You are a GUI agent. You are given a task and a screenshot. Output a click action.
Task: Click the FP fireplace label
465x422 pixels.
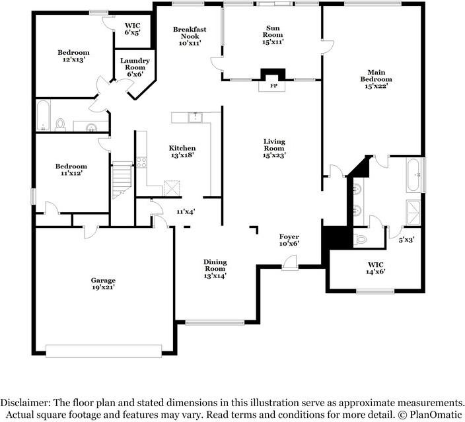273,86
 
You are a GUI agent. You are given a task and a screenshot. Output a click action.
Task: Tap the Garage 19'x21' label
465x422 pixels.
103,283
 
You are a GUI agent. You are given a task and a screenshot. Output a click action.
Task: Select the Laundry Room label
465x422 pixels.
135,67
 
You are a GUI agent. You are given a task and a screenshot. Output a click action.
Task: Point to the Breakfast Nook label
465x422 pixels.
190,36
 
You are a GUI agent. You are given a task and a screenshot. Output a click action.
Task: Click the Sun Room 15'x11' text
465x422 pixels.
273,35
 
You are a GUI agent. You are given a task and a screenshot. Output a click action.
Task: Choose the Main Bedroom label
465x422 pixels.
376,79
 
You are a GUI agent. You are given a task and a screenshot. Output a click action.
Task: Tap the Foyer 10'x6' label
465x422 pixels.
289,240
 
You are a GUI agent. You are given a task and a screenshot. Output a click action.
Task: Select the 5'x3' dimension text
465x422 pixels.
406,240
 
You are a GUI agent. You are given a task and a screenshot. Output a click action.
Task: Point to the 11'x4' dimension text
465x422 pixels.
186,212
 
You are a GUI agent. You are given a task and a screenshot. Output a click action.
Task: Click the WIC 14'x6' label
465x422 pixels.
375,268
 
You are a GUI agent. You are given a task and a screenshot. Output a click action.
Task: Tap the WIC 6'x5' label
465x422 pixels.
133,29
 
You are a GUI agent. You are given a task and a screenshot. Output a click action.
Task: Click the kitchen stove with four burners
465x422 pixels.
141,162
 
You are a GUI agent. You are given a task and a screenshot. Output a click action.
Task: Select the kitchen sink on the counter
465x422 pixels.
195,118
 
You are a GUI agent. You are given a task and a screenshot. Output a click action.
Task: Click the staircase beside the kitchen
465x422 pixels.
122,180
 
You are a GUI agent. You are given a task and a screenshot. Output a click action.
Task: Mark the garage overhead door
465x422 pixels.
104,351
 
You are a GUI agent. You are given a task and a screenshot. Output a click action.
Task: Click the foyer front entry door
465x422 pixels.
290,264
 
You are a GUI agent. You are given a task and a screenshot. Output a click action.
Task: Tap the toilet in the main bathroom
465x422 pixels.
360,239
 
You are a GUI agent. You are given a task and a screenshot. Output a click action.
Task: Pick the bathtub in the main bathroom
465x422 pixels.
413,175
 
